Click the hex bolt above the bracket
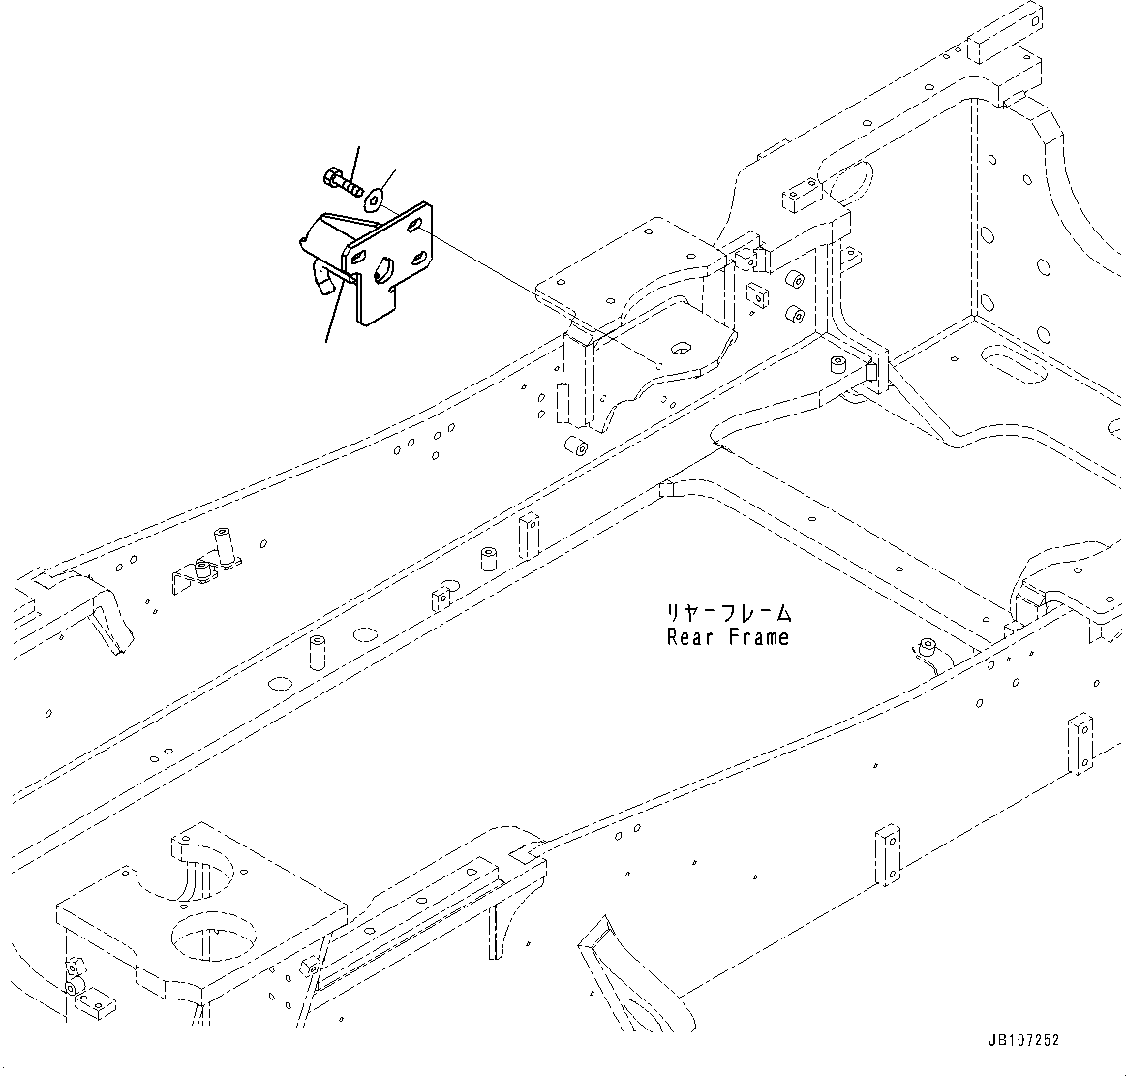point(339,180)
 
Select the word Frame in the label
point(756,638)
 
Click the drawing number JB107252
point(1024,1041)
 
